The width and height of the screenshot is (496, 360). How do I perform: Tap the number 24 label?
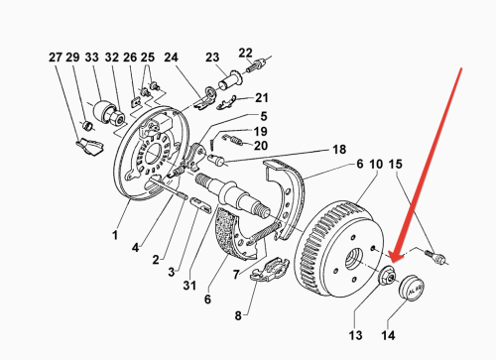(170, 57)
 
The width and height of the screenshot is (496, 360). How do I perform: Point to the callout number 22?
(245, 52)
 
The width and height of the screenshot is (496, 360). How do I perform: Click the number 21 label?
(261, 97)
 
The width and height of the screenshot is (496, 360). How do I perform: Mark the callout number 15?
(395, 163)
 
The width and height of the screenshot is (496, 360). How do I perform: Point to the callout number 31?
(189, 289)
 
